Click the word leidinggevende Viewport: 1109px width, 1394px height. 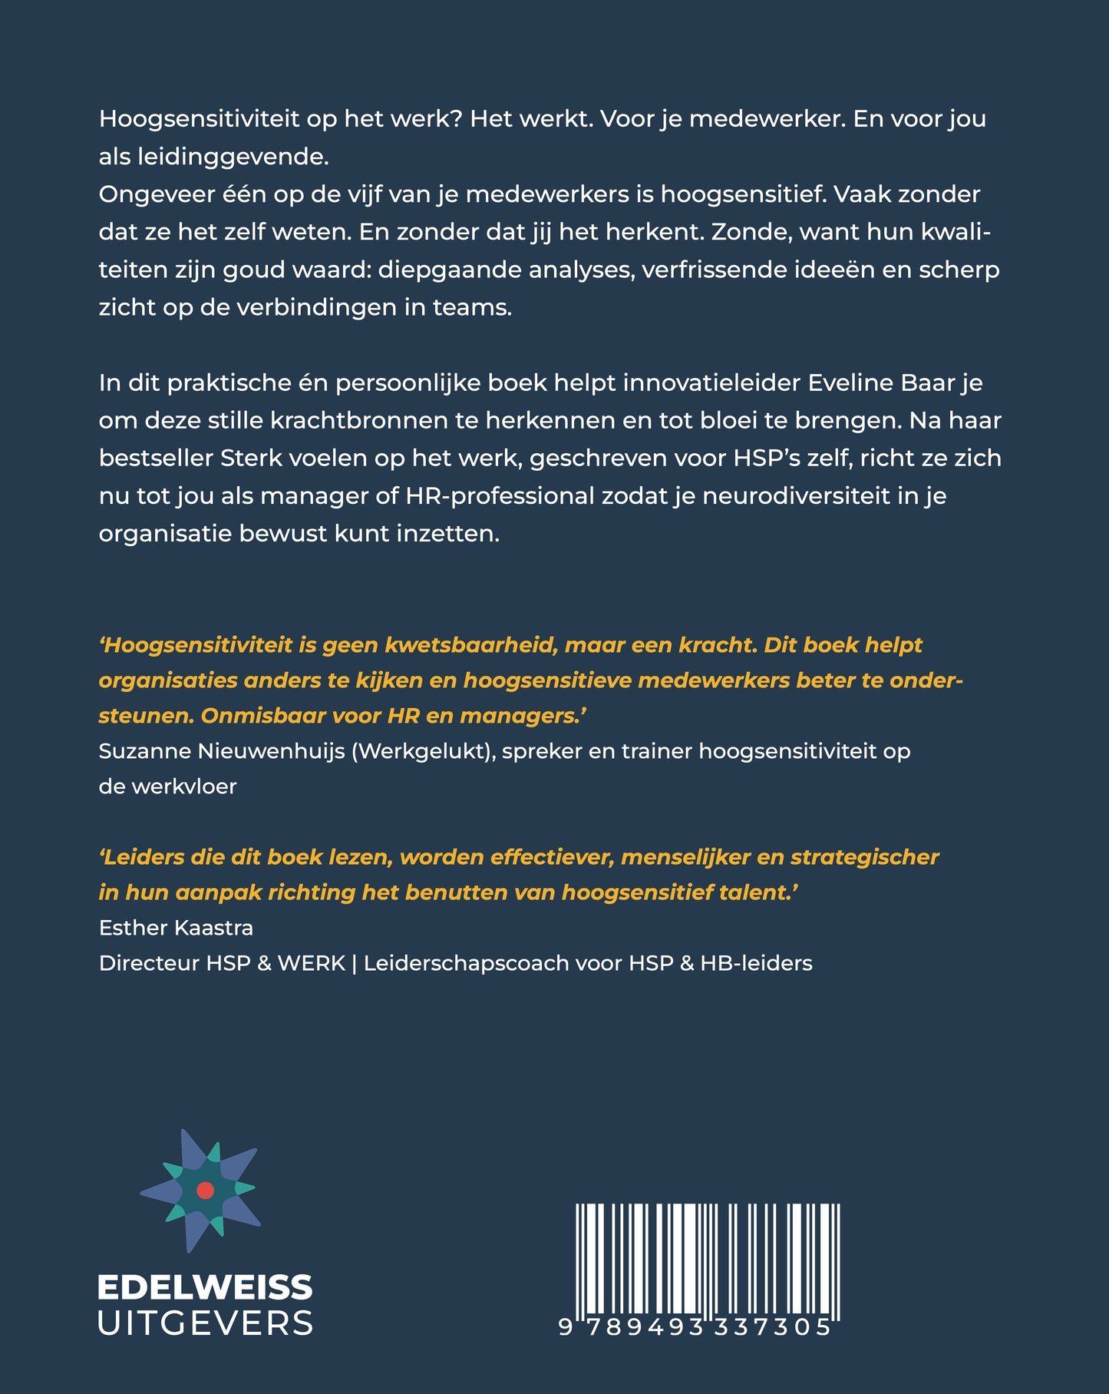(x=236, y=157)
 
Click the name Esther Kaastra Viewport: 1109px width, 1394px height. (x=176, y=927)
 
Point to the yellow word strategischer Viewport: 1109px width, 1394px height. (x=865, y=856)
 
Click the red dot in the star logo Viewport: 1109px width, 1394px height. (x=205, y=1190)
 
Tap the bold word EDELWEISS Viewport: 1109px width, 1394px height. (x=205, y=1287)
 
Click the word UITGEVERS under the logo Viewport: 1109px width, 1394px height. (x=205, y=1323)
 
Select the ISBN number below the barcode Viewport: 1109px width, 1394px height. (x=695, y=1327)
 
